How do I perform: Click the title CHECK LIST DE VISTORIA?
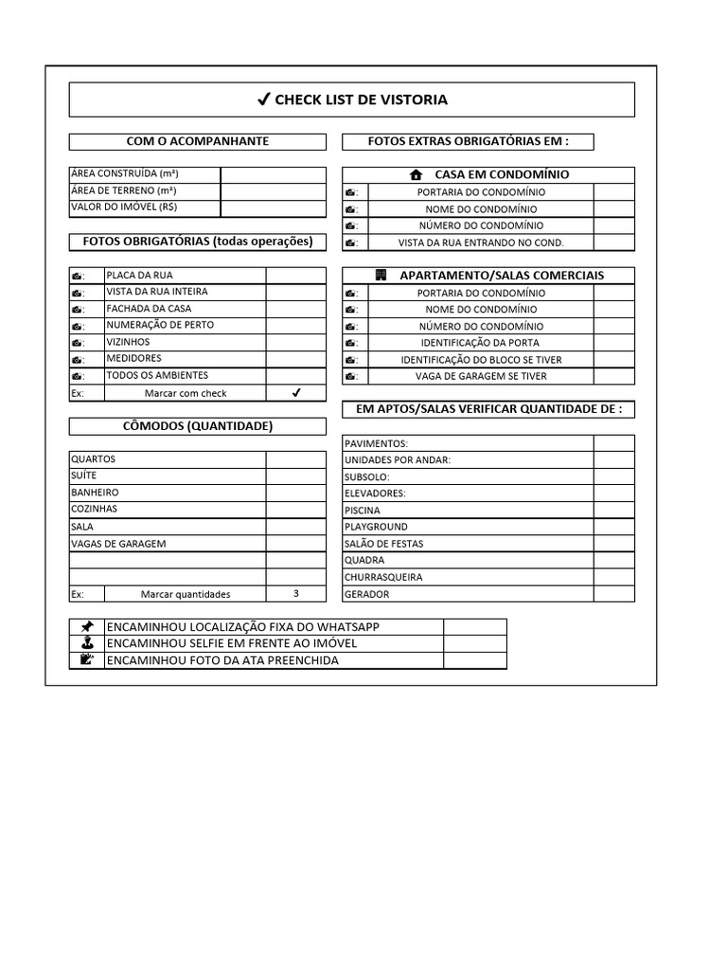352,99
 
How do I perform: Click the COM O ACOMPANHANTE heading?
197,141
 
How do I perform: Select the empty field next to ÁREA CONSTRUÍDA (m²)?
273,174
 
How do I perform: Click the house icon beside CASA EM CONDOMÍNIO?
415,175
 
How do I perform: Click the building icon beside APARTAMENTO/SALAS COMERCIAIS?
381,276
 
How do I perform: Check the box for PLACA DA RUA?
295,276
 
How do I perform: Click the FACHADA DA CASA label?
149,309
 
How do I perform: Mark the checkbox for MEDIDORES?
295,359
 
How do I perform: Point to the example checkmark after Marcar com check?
295,393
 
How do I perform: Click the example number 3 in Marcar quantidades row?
295,594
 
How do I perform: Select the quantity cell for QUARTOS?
295,459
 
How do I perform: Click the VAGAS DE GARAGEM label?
118,544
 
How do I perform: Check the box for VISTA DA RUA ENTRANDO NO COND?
613,242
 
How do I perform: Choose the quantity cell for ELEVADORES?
613,494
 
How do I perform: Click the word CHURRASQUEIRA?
383,577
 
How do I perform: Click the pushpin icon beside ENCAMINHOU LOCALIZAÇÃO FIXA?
87,627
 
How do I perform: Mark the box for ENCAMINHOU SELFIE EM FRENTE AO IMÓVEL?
474,643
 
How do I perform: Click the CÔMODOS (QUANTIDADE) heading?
197,426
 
